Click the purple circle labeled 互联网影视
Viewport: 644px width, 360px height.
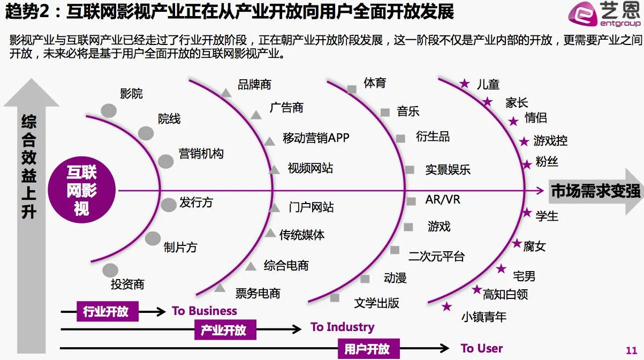click(x=82, y=190)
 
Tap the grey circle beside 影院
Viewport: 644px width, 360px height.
click(x=109, y=111)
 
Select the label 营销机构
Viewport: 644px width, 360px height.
click(x=201, y=154)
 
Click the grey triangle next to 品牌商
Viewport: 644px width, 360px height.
click(x=226, y=93)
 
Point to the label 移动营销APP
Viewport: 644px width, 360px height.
click(x=316, y=138)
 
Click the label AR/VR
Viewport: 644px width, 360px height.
click(x=443, y=200)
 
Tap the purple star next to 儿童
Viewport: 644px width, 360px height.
click(x=465, y=84)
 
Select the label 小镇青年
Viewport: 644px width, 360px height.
click(x=483, y=317)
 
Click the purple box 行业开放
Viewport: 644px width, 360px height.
click(x=107, y=311)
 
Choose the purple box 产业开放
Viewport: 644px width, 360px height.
click(x=224, y=329)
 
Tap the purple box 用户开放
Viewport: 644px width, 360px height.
click(x=367, y=348)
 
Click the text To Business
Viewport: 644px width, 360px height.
click(x=204, y=311)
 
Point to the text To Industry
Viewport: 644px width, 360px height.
click(x=342, y=327)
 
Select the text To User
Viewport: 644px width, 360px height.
click(x=481, y=348)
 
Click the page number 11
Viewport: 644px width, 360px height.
click(x=631, y=349)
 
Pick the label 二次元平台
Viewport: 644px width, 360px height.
click(x=436, y=256)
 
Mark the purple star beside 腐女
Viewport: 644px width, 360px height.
click(x=517, y=244)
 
